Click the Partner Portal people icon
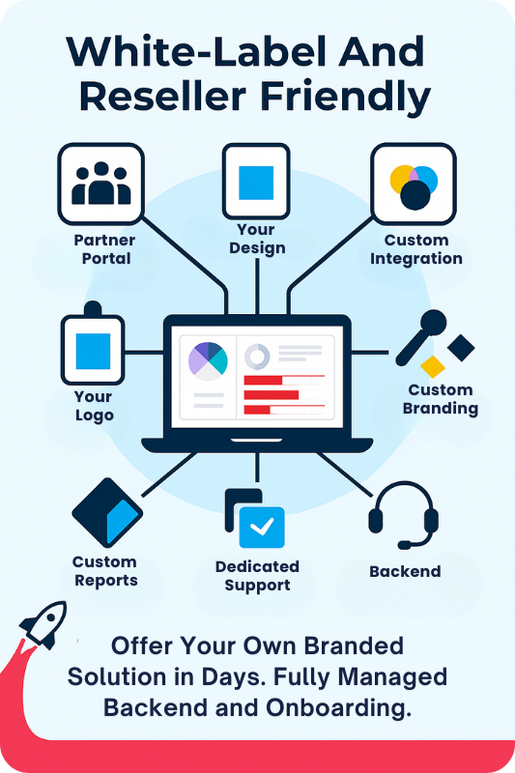tap(101, 183)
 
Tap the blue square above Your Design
tap(256, 183)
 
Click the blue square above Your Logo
tap(93, 351)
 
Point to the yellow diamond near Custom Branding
tap(433, 367)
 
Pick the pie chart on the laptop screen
tap(208, 360)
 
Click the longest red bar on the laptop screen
tap(272, 395)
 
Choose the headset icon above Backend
tap(403, 515)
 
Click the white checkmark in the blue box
tap(262, 526)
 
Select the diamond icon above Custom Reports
tap(107, 513)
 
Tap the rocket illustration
tap(43, 624)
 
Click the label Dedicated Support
tap(257, 576)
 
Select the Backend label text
tap(405, 571)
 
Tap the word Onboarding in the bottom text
tap(338, 708)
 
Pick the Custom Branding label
tap(441, 399)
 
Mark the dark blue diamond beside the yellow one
tap(461, 348)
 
